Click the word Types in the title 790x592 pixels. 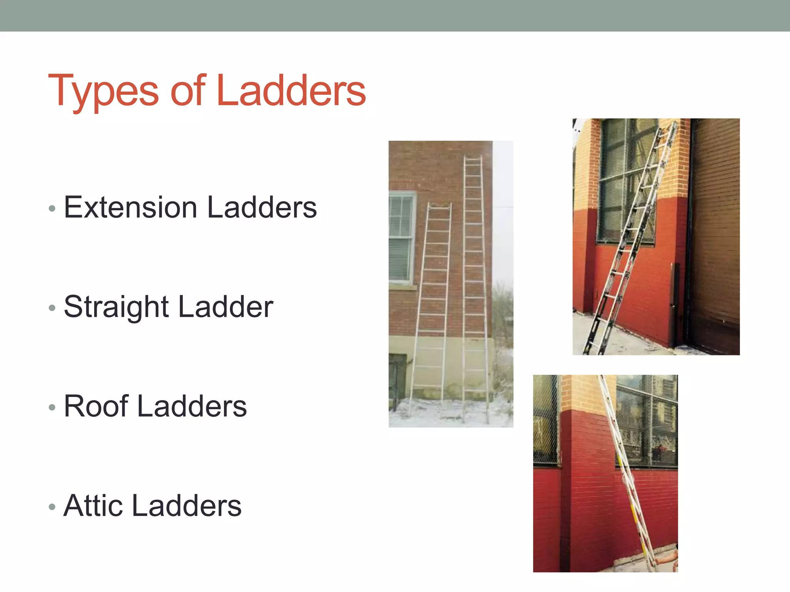(x=103, y=91)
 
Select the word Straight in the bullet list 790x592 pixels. (x=116, y=307)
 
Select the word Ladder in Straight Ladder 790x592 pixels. (x=226, y=307)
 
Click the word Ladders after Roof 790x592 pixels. (x=192, y=406)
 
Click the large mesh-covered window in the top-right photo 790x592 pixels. (x=627, y=181)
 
